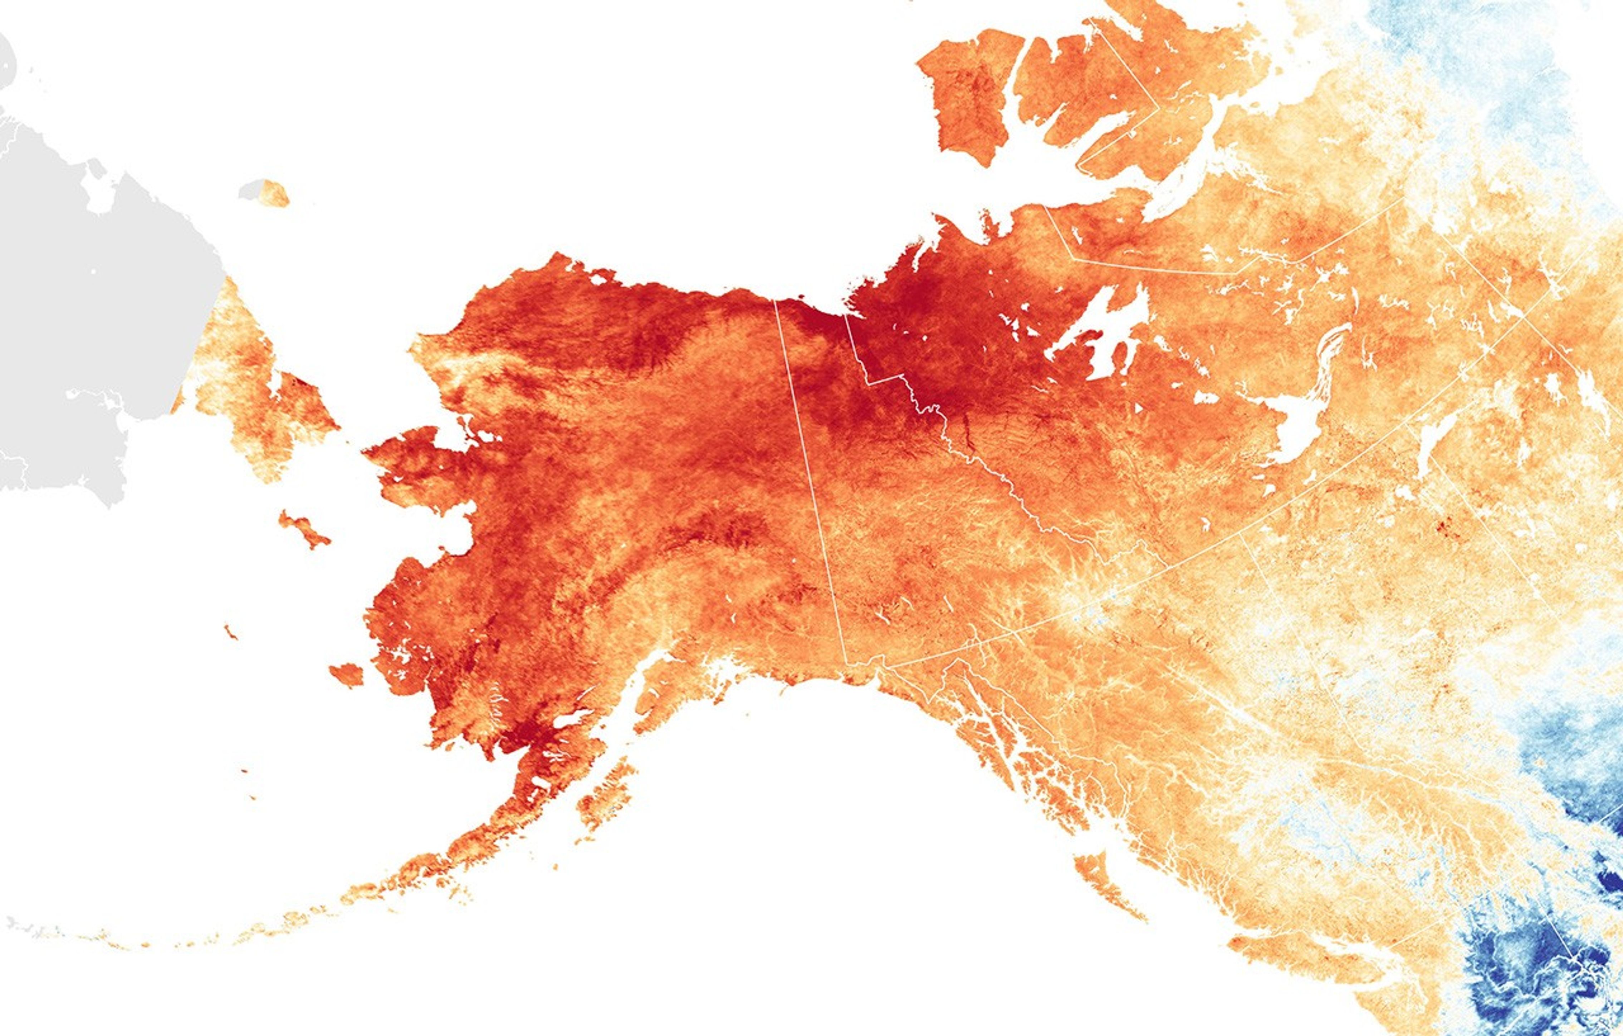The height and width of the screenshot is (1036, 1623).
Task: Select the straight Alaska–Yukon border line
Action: (x=809, y=472)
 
